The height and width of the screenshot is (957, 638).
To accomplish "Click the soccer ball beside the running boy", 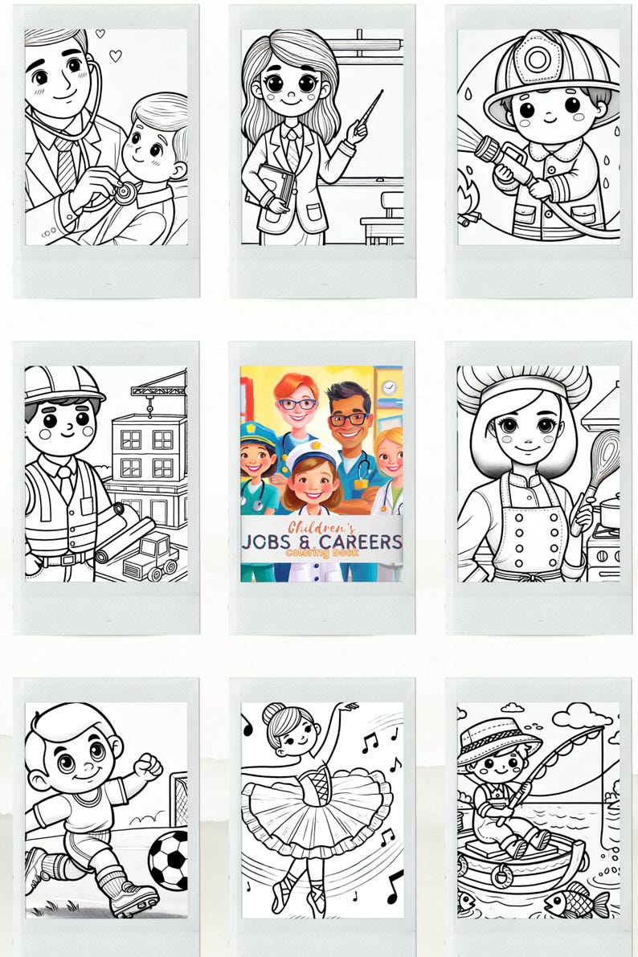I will point(168,859).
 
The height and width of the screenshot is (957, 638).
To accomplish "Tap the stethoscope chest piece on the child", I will point(124,192).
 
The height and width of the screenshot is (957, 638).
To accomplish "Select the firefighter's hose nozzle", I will point(489,149).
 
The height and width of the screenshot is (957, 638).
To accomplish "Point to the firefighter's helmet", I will point(546,69).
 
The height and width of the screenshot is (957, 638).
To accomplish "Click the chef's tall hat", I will point(522,386).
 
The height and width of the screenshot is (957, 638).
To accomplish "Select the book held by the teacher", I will point(274,185).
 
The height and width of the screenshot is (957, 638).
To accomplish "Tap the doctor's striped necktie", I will point(66,160).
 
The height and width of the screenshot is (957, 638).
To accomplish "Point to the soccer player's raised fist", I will point(149,764).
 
